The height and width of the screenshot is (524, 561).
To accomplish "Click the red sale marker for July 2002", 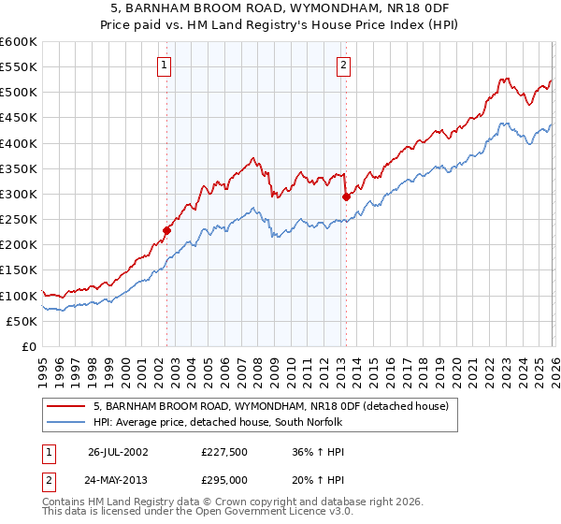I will point(167,230).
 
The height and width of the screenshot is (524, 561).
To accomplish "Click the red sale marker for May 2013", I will point(346,196).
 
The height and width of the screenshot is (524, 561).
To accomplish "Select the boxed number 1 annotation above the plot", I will point(165,65).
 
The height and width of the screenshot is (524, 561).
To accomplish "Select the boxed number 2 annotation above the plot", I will point(343,65).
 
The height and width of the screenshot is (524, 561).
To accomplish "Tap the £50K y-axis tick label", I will point(22,321).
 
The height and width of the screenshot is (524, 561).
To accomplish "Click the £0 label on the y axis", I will point(29,346).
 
